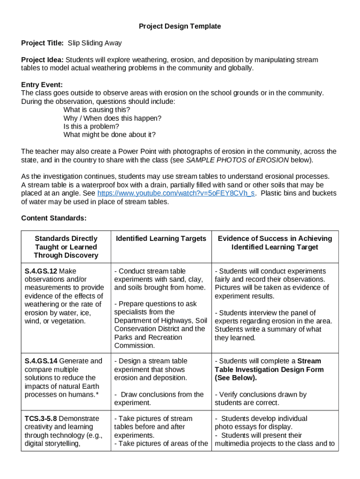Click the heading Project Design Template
click(x=180, y=26)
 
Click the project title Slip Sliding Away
click(x=94, y=43)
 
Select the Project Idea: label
click(x=43, y=60)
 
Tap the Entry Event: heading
click(x=42, y=85)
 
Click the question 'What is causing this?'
click(x=97, y=110)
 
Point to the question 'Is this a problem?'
click(x=91, y=126)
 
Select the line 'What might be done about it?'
click(x=109, y=135)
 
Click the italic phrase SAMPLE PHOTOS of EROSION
click(x=238, y=160)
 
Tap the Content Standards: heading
click(x=54, y=218)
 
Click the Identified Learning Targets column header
click(x=161, y=239)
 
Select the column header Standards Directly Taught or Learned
click(x=66, y=247)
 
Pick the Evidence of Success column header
click(x=274, y=243)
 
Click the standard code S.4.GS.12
click(x=41, y=271)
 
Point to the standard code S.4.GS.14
click(x=41, y=361)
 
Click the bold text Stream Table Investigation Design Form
click(x=269, y=370)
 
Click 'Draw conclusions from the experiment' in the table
click(x=159, y=399)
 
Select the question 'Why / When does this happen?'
click(x=112, y=118)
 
